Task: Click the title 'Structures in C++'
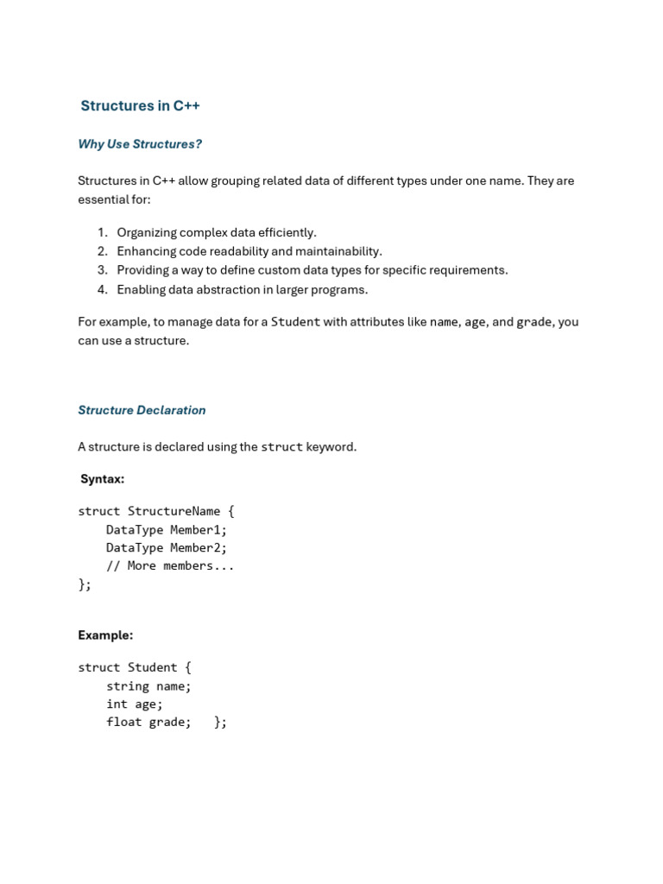pos(140,106)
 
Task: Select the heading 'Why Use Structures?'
pos(140,144)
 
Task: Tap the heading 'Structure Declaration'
pos(142,410)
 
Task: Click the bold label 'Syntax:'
pos(102,479)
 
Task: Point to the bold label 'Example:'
pos(105,635)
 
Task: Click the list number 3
pos(102,270)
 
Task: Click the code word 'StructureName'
pos(174,511)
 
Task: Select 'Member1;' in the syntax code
pos(199,530)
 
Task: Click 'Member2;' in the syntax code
pos(199,548)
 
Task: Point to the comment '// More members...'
pos(170,566)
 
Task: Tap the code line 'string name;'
pos(148,686)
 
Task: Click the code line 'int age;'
pos(134,704)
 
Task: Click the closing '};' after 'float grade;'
pos(220,723)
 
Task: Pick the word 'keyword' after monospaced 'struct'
pos(331,447)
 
